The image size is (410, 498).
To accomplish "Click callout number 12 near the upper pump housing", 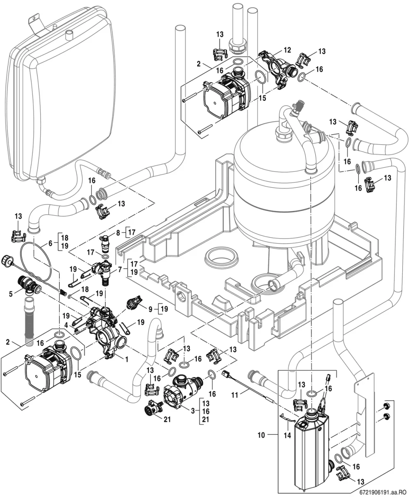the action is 287,50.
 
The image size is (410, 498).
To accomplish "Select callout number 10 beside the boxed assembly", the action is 261,435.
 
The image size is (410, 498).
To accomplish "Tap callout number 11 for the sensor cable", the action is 234,395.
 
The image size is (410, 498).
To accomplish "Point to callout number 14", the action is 287,435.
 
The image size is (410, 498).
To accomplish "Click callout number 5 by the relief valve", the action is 11,294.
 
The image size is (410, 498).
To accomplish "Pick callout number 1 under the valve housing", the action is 127,359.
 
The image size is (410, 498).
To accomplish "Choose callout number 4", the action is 66,325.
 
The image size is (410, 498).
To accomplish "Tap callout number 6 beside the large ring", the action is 50,243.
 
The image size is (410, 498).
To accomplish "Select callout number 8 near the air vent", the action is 118,233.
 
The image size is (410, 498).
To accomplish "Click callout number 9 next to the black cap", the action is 150,309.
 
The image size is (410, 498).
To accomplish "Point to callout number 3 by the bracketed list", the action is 193,410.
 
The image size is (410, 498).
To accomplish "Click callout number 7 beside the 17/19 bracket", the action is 120,269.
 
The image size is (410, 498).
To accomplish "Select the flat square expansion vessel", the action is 61,94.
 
